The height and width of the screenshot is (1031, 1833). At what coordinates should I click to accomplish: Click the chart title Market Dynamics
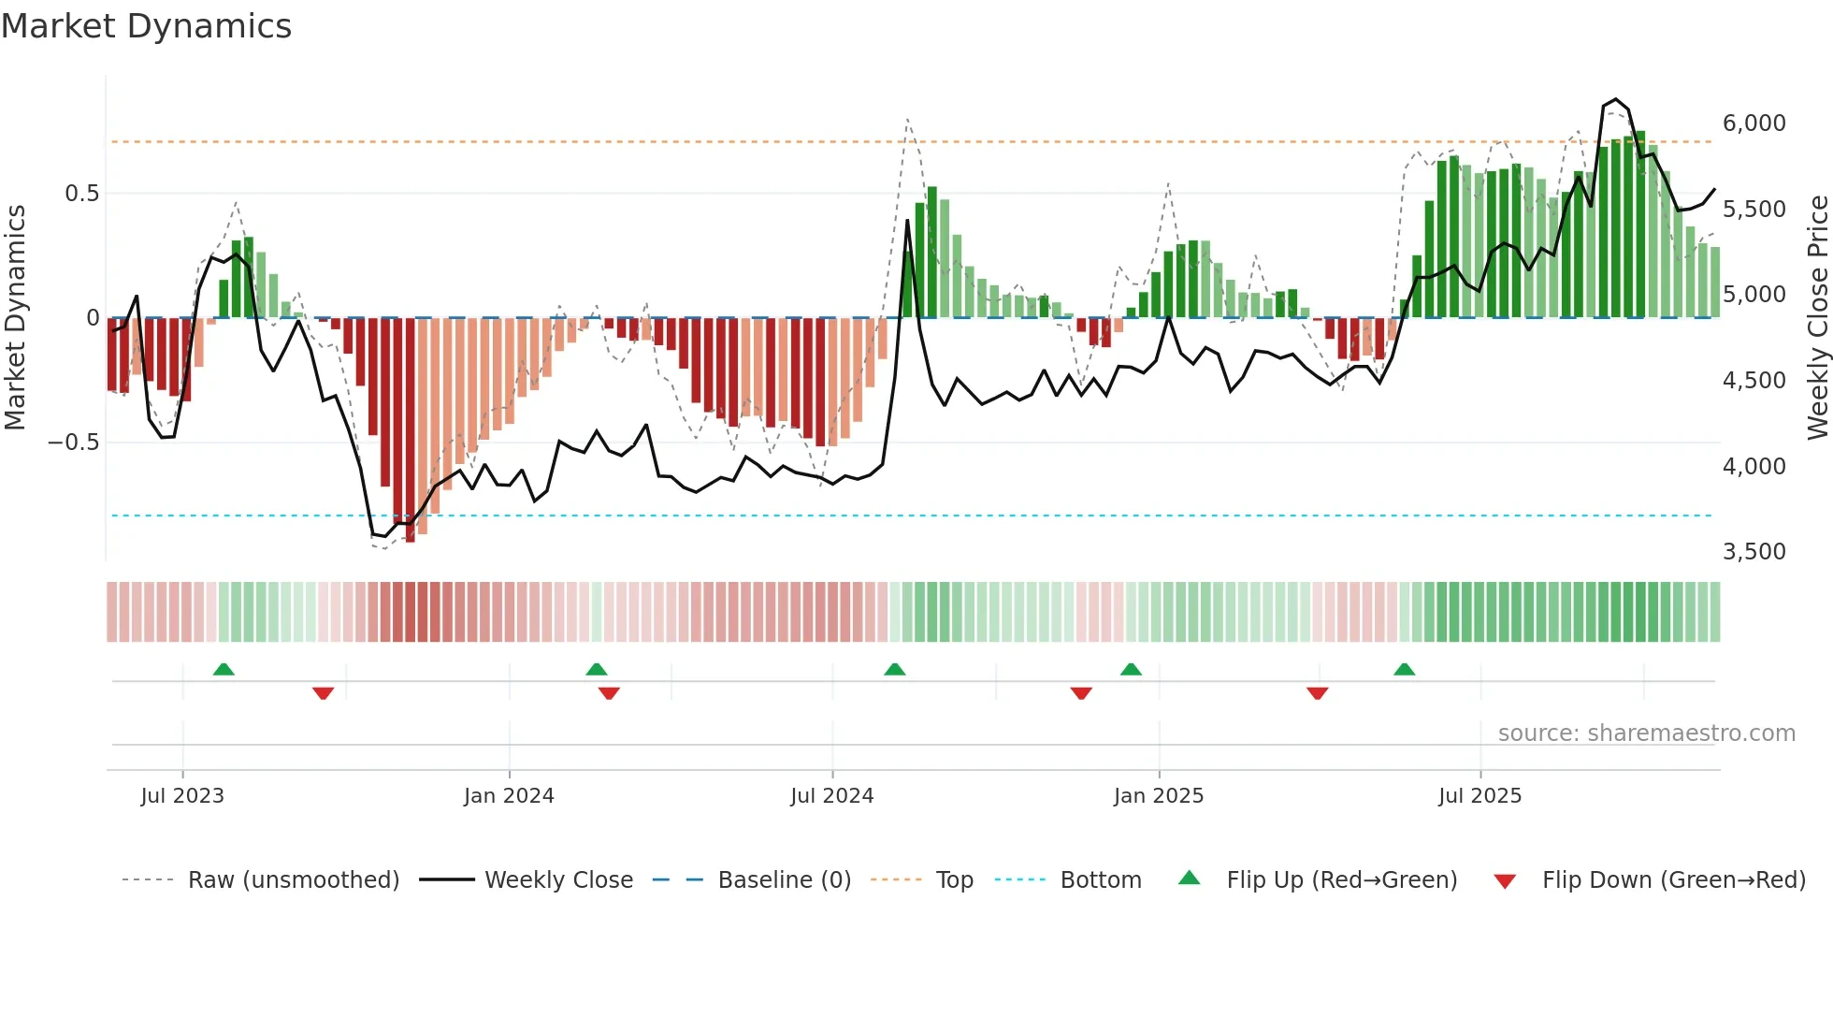[x=146, y=26]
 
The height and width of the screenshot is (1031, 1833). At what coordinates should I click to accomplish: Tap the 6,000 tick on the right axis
[x=1754, y=123]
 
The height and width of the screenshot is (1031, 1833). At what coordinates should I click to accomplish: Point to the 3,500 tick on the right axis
[x=1754, y=552]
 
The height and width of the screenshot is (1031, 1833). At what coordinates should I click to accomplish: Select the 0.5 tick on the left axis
[x=81, y=194]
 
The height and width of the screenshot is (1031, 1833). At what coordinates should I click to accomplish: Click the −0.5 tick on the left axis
[x=73, y=443]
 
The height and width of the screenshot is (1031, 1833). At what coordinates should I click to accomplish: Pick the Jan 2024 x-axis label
[x=509, y=796]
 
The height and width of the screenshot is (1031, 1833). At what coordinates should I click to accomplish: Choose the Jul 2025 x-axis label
[x=1479, y=796]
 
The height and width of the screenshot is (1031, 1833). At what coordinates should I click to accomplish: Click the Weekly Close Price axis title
[x=1817, y=318]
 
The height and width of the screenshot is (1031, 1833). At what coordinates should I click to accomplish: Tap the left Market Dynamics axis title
[x=15, y=318]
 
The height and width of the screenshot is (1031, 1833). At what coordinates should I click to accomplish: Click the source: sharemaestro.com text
[x=1646, y=733]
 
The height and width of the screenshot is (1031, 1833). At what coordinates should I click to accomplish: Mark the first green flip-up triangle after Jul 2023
[x=224, y=670]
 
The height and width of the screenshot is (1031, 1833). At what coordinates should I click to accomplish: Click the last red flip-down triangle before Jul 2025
[x=1318, y=693]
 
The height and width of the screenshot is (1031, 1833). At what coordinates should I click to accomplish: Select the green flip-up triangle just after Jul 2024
[x=895, y=670]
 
